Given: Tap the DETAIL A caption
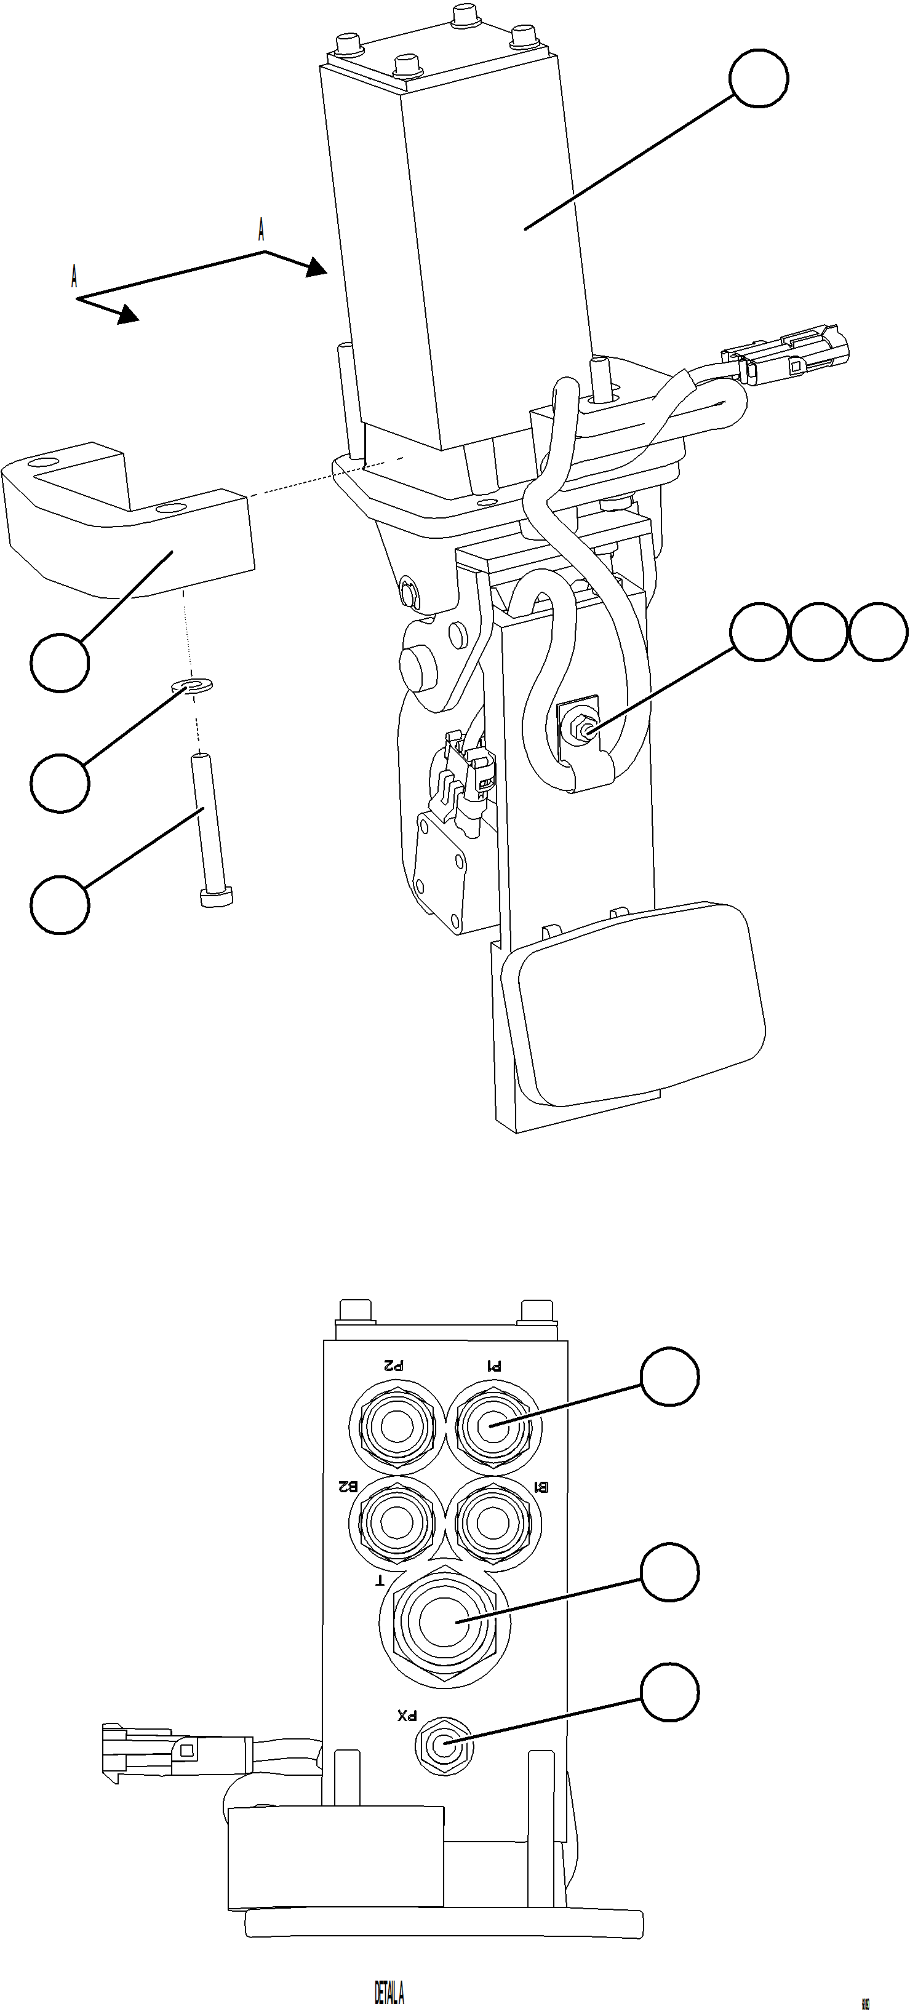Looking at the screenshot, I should [389, 1992].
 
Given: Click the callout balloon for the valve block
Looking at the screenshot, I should [759, 78].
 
